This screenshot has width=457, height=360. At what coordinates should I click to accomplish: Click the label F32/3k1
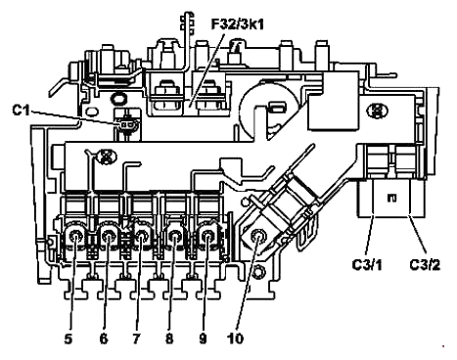[x=237, y=24]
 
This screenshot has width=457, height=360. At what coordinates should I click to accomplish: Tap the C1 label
[x=21, y=110]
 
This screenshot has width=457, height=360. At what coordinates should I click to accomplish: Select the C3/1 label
[x=367, y=264]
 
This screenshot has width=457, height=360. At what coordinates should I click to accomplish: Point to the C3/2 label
[x=425, y=264]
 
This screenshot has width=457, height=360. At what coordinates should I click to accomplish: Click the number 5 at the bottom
[x=68, y=338]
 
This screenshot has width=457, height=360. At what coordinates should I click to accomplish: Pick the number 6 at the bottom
[x=104, y=338]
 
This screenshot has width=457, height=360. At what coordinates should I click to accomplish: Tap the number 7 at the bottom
[x=136, y=338]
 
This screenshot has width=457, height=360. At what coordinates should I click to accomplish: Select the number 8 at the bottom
[x=169, y=338]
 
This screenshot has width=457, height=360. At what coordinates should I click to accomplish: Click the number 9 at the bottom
[x=203, y=338]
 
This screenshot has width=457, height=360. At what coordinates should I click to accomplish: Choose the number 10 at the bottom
[x=236, y=338]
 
